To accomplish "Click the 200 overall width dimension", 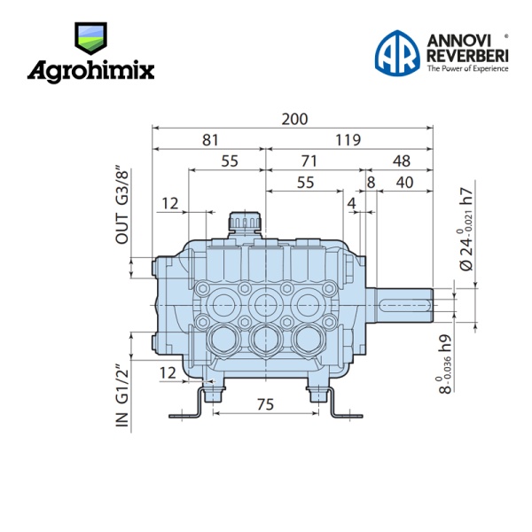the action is point(294,119).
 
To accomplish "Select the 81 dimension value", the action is point(210,140).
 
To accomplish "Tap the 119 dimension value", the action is point(348,140).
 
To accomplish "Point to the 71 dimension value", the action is point(309,160).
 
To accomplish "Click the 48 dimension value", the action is point(402,160).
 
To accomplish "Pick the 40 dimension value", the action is point(404,182).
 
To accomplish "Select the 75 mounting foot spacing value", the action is point(265,404).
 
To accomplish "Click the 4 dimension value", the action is point(351,204).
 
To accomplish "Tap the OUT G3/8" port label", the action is point(122,205).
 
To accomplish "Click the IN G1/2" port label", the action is point(122,395).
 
